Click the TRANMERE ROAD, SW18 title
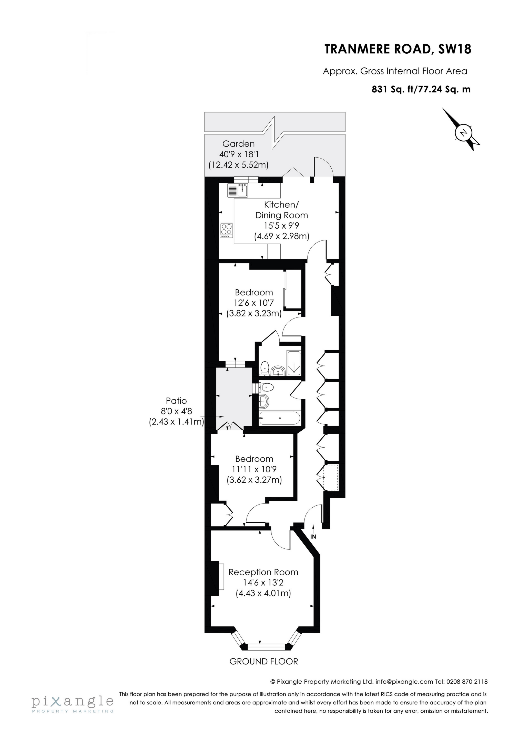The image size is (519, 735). tap(398, 49)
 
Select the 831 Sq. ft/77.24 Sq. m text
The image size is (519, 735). tap(421, 89)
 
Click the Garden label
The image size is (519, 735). tap(238, 143)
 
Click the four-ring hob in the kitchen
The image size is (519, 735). tap(226, 229)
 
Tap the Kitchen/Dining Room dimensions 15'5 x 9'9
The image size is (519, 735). tap(281, 226)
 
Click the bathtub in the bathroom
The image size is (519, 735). tap(279, 418)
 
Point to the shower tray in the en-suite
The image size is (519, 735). tap(294, 363)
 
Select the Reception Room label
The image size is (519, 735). tap(263, 572)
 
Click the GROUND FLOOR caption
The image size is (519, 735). tap(263, 661)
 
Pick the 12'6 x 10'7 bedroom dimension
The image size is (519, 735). tap(254, 303)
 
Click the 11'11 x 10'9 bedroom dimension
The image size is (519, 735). tap(254, 469)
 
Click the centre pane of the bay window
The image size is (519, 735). tap(266, 647)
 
